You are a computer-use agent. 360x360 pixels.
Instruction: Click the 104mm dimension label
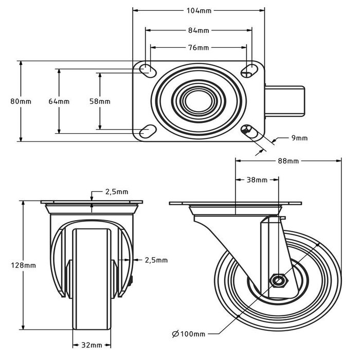[199, 10]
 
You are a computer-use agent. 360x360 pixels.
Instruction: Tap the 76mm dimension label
[199, 48]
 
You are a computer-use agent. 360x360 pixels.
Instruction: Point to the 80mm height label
[21, 101]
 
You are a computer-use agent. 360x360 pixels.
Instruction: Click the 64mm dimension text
[59, 101]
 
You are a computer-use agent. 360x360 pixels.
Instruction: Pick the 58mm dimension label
[100, 101]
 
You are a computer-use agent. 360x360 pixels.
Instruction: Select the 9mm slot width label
[299, 138]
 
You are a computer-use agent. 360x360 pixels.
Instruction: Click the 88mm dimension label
[288, 161]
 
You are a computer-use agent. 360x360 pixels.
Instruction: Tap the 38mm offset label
[257, 180]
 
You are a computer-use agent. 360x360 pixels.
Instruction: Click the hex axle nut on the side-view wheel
[278, 281]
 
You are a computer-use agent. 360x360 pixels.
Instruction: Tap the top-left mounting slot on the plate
[147, 69]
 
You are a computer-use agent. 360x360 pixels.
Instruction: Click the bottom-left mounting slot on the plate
[147, 132]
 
